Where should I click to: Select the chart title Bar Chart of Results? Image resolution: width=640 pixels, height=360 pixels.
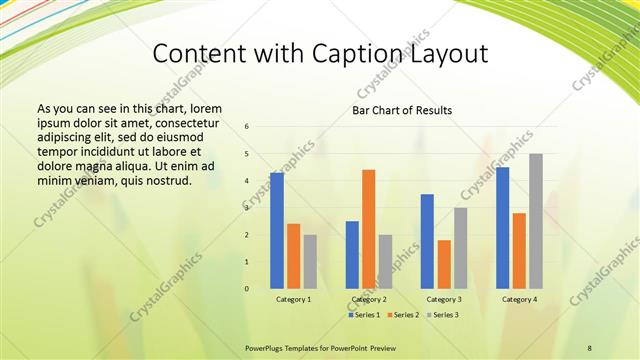(x=401, y=110)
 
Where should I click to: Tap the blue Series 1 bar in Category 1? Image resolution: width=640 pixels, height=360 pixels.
(x=277, y=231)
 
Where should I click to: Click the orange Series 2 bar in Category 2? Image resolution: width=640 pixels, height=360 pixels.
(x=368, y=229)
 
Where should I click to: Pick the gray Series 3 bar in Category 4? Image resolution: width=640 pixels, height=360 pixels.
(x=536, y=221)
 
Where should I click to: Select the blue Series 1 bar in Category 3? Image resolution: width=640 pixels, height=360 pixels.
(x=427, y=241)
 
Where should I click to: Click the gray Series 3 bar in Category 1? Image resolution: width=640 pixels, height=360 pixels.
(x=310, y=261)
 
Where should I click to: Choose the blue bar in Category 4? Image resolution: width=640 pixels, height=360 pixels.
(x=502, y=227)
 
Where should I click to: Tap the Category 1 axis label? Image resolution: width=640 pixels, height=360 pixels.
(x=293, y=299)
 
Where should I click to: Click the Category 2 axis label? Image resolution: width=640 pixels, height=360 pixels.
(x=368, y=299)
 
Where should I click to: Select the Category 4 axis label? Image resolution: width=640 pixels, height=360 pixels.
(x=519, y=299)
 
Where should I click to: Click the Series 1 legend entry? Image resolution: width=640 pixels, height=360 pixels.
(x=365, y=315)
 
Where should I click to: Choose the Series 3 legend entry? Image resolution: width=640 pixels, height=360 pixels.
(x=446, y=315)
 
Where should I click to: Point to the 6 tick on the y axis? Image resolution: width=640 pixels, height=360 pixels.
(x=247, y=126)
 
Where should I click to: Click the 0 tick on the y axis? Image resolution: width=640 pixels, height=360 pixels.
(x=247, y=289)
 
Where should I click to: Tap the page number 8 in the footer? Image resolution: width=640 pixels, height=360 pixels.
(x=589, y=346)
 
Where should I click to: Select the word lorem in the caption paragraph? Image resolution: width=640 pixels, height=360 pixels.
(x=204, y=108)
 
